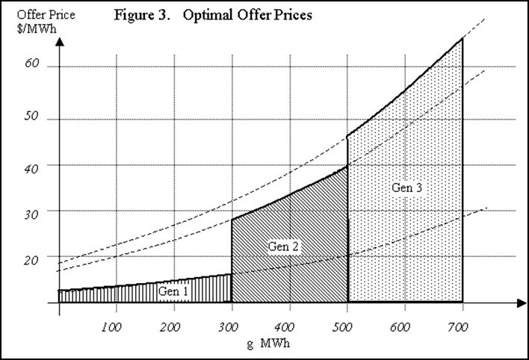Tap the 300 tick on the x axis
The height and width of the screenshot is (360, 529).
point(230,326)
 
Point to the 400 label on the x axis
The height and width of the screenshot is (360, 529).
point(289,326)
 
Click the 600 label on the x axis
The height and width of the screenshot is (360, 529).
point(405,326)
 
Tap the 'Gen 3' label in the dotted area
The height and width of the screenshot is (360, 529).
point(407,187)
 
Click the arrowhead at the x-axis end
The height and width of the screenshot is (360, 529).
point(520,302)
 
